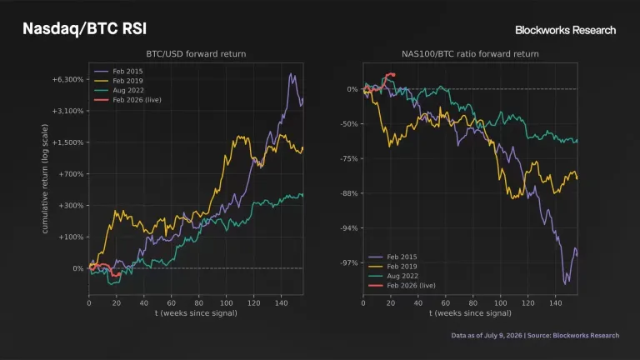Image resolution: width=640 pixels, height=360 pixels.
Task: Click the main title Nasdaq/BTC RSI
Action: [x=84, y=29]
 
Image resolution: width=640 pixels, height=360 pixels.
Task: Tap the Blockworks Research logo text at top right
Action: [x=565, y=30]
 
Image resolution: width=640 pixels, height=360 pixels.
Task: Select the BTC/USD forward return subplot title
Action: [x=196, y=54]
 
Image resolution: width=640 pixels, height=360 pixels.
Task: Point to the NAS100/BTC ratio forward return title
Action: [x=470, y=54]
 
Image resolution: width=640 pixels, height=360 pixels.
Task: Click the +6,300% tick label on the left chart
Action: [x=67, y=80]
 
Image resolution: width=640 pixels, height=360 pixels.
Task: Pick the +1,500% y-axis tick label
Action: [x=67, y=142]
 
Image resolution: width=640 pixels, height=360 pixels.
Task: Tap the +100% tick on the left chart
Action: [x=71, y=237]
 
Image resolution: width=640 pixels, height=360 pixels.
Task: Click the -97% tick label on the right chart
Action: [x=349, y=262]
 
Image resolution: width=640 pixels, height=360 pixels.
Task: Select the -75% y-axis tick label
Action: [x=349, y=159]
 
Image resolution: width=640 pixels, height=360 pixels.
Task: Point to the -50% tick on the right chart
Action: [x=349, y=124]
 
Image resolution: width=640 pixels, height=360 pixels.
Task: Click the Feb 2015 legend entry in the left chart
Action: [x=118, y=72]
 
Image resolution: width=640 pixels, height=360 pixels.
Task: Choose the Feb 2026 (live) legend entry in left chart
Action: [x=127, y=100]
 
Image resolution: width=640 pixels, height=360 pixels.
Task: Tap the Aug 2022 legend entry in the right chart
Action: [x=392, y=277]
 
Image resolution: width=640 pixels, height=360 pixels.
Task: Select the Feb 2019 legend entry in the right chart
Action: [x=392, y=267]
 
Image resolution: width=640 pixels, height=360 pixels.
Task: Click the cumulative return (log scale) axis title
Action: [x=45, y=179]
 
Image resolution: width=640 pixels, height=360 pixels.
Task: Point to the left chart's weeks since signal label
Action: [x=196, y=313]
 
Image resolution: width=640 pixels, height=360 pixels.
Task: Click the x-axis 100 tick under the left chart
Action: [x=226, y=303]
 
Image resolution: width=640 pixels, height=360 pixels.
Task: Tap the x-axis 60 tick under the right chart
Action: [x=445, y=303]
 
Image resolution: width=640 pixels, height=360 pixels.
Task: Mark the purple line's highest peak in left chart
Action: [x=291, y=74]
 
